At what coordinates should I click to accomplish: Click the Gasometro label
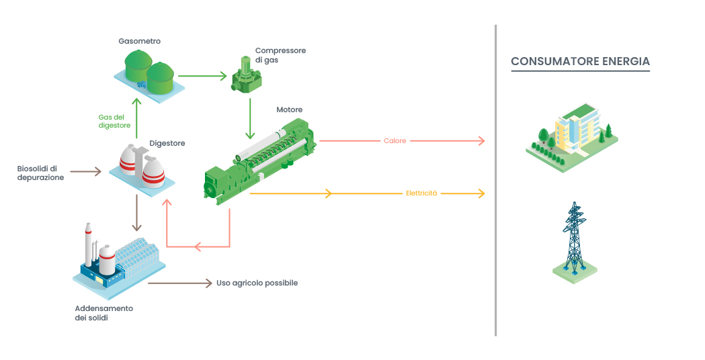[139, 41]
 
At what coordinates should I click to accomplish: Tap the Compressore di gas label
[280, 55]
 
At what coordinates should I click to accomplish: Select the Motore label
[289, 109]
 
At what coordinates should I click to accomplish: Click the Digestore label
[167, 143]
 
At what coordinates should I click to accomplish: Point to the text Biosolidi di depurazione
[40, 173]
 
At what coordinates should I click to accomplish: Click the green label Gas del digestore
[114, 121]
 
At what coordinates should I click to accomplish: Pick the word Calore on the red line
[395, 141]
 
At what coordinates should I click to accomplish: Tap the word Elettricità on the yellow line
[421, 193]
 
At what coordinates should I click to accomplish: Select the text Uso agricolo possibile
[257, 283]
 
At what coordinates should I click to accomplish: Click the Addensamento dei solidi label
[103, 313]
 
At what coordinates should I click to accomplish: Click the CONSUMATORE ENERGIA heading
[580, 62]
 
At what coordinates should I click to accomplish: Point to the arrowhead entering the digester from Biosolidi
[97, 172]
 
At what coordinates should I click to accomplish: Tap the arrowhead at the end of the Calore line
[481, 141]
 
